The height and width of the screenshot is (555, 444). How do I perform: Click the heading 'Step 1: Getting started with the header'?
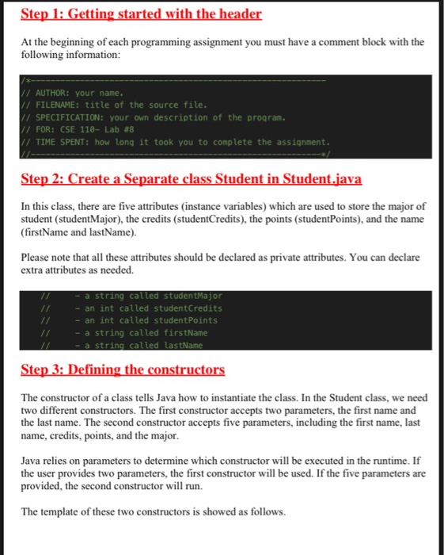(x=141, y=14)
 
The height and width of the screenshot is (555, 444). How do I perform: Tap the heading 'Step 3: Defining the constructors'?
(x=123, y=369)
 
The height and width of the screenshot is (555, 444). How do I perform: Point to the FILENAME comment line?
(x=111, y=104)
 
